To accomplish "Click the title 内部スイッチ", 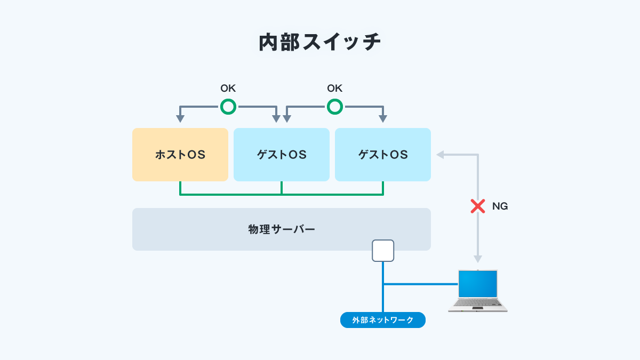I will [320, 43].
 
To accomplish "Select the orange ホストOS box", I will [180, 155].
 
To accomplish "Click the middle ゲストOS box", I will [282, 155].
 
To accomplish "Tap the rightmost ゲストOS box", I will [383, 155].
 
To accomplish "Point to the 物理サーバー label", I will [282, 229].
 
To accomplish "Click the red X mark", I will [478, 206].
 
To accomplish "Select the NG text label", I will [500, 206].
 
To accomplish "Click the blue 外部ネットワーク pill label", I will [383, 320].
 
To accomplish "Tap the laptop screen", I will [478, 283].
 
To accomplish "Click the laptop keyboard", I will [478, 302].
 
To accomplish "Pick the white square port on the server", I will [383, 251].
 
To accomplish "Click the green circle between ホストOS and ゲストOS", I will [228, 107].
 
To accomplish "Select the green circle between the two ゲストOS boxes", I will [335, 107].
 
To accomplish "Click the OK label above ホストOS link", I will [228, 89].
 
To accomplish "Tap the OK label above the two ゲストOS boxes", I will [335, 89].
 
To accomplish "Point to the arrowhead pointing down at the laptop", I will [478, 259].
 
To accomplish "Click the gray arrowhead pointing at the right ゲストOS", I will [440, 155].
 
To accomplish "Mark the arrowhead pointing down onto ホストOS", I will [180, 119].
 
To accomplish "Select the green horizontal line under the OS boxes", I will [282, 195].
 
